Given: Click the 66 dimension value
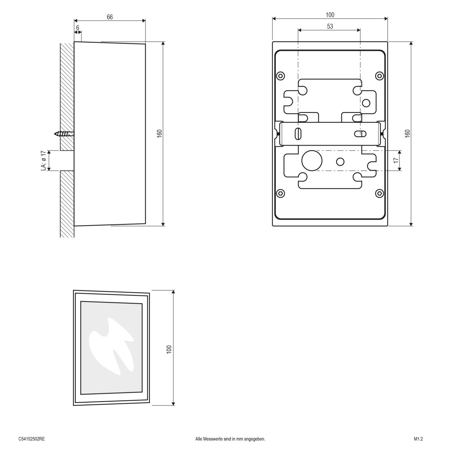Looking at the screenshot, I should tap(110, 17).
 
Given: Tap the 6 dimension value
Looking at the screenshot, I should tap(78, 28).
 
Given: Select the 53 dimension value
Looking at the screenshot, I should tap(330, 27).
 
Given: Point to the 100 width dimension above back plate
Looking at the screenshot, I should tap(330, 15).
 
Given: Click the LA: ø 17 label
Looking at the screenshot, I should tap(44, 161).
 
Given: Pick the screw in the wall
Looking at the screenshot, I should tap(64, 134).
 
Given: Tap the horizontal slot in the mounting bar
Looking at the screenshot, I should tap(360, 134).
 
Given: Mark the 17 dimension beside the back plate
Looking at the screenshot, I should tap(396, 161).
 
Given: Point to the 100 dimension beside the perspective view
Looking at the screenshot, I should tap(169, 349).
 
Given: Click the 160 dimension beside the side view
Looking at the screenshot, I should tap(160, 133).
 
